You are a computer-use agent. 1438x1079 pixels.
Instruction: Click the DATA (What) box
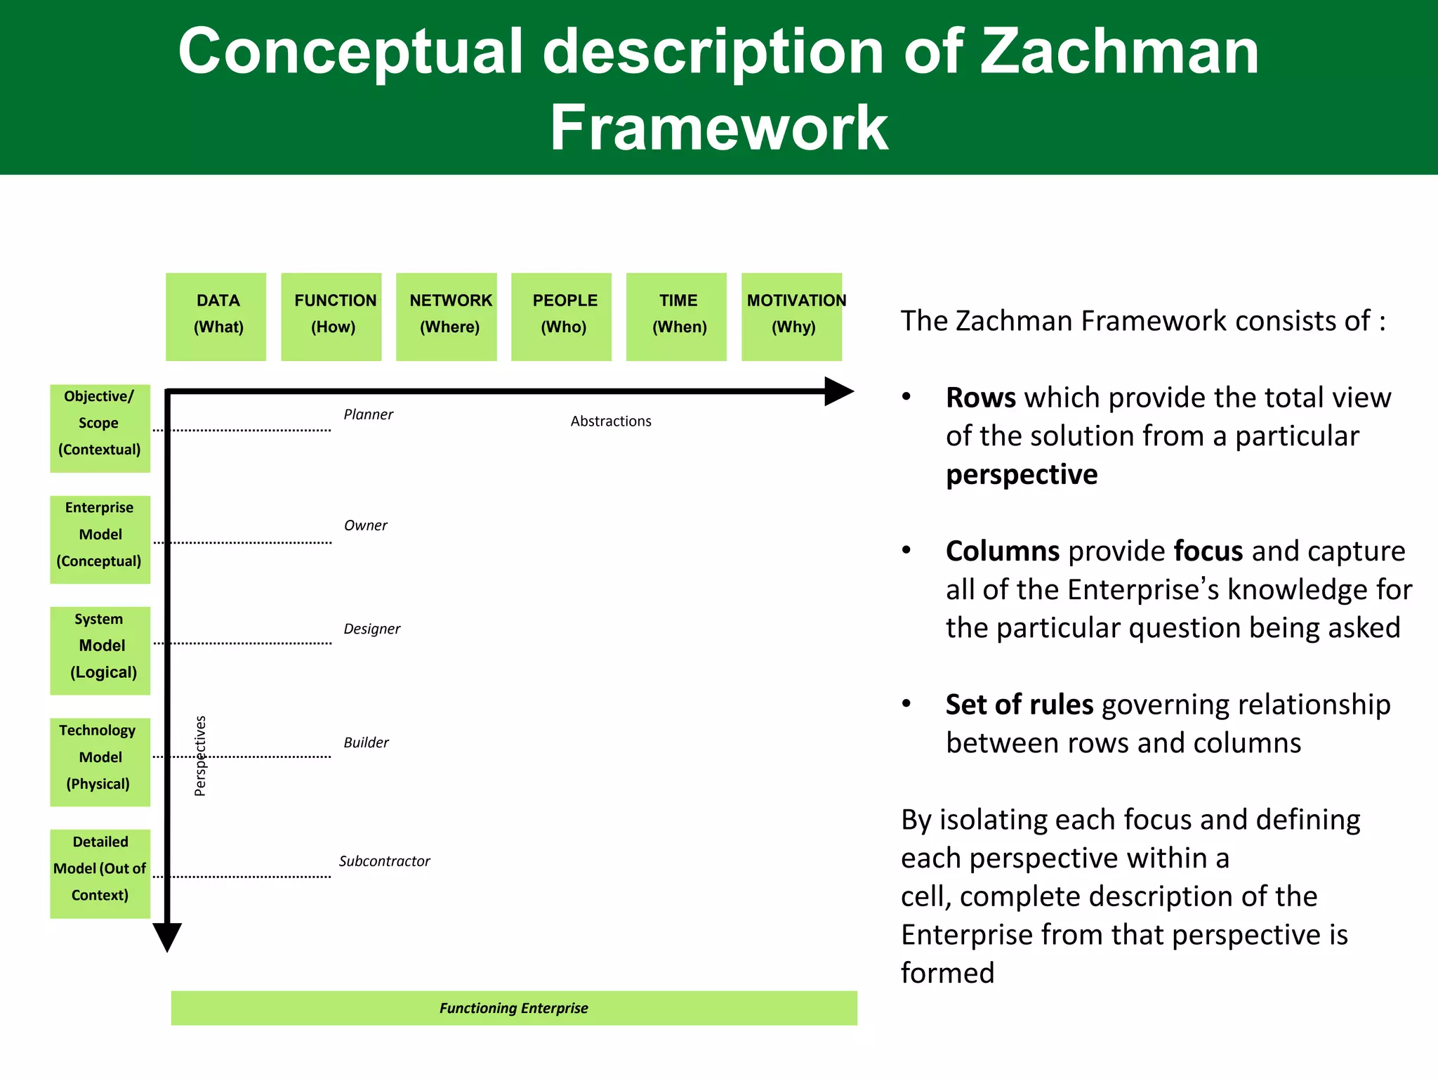(216, 317)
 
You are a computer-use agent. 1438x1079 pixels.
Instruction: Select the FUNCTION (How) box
(331, 317)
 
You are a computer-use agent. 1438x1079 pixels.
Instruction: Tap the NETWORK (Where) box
(447, 317)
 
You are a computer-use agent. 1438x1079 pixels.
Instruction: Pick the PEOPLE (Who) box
(562, 317)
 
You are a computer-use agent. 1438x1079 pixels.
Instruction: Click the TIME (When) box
(676, 317)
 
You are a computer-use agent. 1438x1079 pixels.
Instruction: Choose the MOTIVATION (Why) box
(792, 317)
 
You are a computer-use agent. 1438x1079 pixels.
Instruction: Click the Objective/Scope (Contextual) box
(100, 429)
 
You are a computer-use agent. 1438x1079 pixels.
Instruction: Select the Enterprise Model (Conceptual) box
(100, 540)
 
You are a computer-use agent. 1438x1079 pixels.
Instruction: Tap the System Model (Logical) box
(100, 651)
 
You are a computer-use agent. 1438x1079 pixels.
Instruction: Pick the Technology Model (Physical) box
(100, 762)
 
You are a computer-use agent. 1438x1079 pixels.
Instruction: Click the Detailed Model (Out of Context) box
(100, 874)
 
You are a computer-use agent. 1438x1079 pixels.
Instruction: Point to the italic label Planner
(368, 414)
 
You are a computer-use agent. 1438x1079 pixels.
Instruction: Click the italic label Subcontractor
(384, 861)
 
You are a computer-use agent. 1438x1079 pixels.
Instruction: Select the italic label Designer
(371, 629)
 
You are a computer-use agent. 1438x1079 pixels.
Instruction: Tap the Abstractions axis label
(611, 421)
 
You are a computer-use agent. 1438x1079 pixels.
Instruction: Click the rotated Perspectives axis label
(200, 756)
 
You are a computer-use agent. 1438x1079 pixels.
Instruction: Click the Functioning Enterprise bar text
(514, 1008)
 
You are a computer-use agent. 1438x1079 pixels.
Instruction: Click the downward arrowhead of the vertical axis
(167, 936)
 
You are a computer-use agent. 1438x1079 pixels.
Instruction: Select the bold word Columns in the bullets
(1002, 551)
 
